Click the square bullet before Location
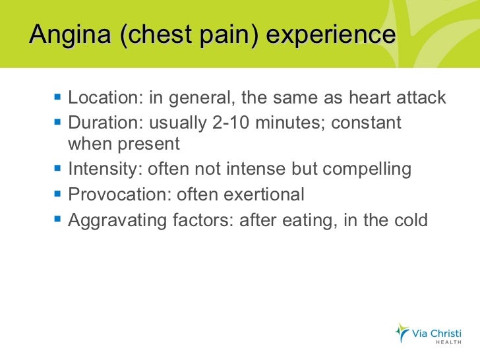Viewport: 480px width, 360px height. (x=57, y=98)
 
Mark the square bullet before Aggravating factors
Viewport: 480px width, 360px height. (x=57, y=220)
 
